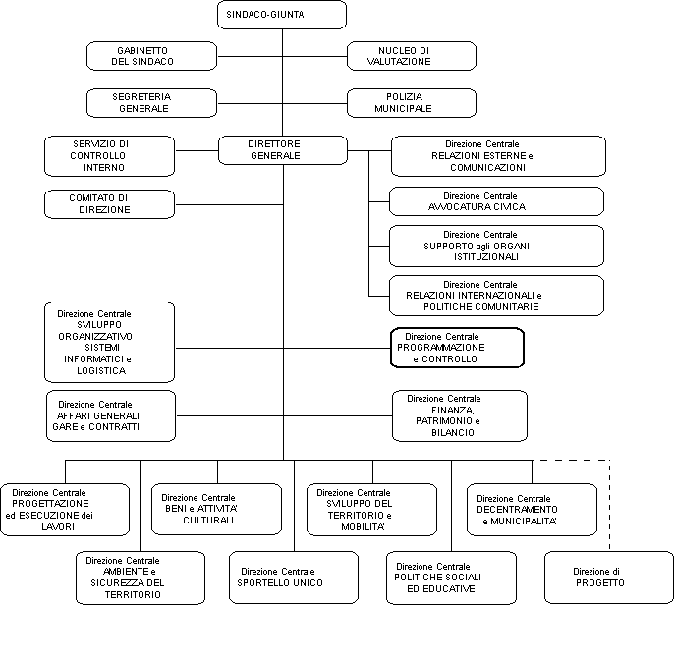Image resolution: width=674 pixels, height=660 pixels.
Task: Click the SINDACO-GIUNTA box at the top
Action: point(282,15)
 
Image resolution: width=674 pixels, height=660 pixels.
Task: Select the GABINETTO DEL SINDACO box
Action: point(151,56)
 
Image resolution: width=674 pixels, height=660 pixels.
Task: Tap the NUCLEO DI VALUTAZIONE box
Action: point(412,56)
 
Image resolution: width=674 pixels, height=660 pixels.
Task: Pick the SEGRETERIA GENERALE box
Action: point(151,103)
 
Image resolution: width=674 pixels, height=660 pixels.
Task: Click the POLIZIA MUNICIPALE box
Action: point(412,103)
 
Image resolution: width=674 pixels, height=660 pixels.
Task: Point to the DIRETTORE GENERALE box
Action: point(283,150)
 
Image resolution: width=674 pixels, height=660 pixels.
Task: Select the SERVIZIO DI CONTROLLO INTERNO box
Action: point(110,156)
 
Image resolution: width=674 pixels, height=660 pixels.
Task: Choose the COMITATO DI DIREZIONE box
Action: point(110,204)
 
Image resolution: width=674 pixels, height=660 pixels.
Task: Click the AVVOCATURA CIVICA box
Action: point(496,201)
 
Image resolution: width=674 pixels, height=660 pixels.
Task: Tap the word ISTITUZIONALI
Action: point(486,257)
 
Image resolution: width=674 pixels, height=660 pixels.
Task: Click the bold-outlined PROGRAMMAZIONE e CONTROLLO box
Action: point(458,348)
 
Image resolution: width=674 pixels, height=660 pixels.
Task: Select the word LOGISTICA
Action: point(101,371)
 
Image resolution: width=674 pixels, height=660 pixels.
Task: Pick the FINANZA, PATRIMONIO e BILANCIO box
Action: point(460,416)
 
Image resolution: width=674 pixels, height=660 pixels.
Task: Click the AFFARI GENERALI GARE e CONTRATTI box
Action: point(111,416)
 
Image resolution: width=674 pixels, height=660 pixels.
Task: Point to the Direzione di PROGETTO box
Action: point(609,577)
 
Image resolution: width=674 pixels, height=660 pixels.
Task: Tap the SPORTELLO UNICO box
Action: point(294,577)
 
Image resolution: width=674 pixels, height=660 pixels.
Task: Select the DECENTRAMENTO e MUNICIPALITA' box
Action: point(532,510)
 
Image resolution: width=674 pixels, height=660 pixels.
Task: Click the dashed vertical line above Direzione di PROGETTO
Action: point(609,505)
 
